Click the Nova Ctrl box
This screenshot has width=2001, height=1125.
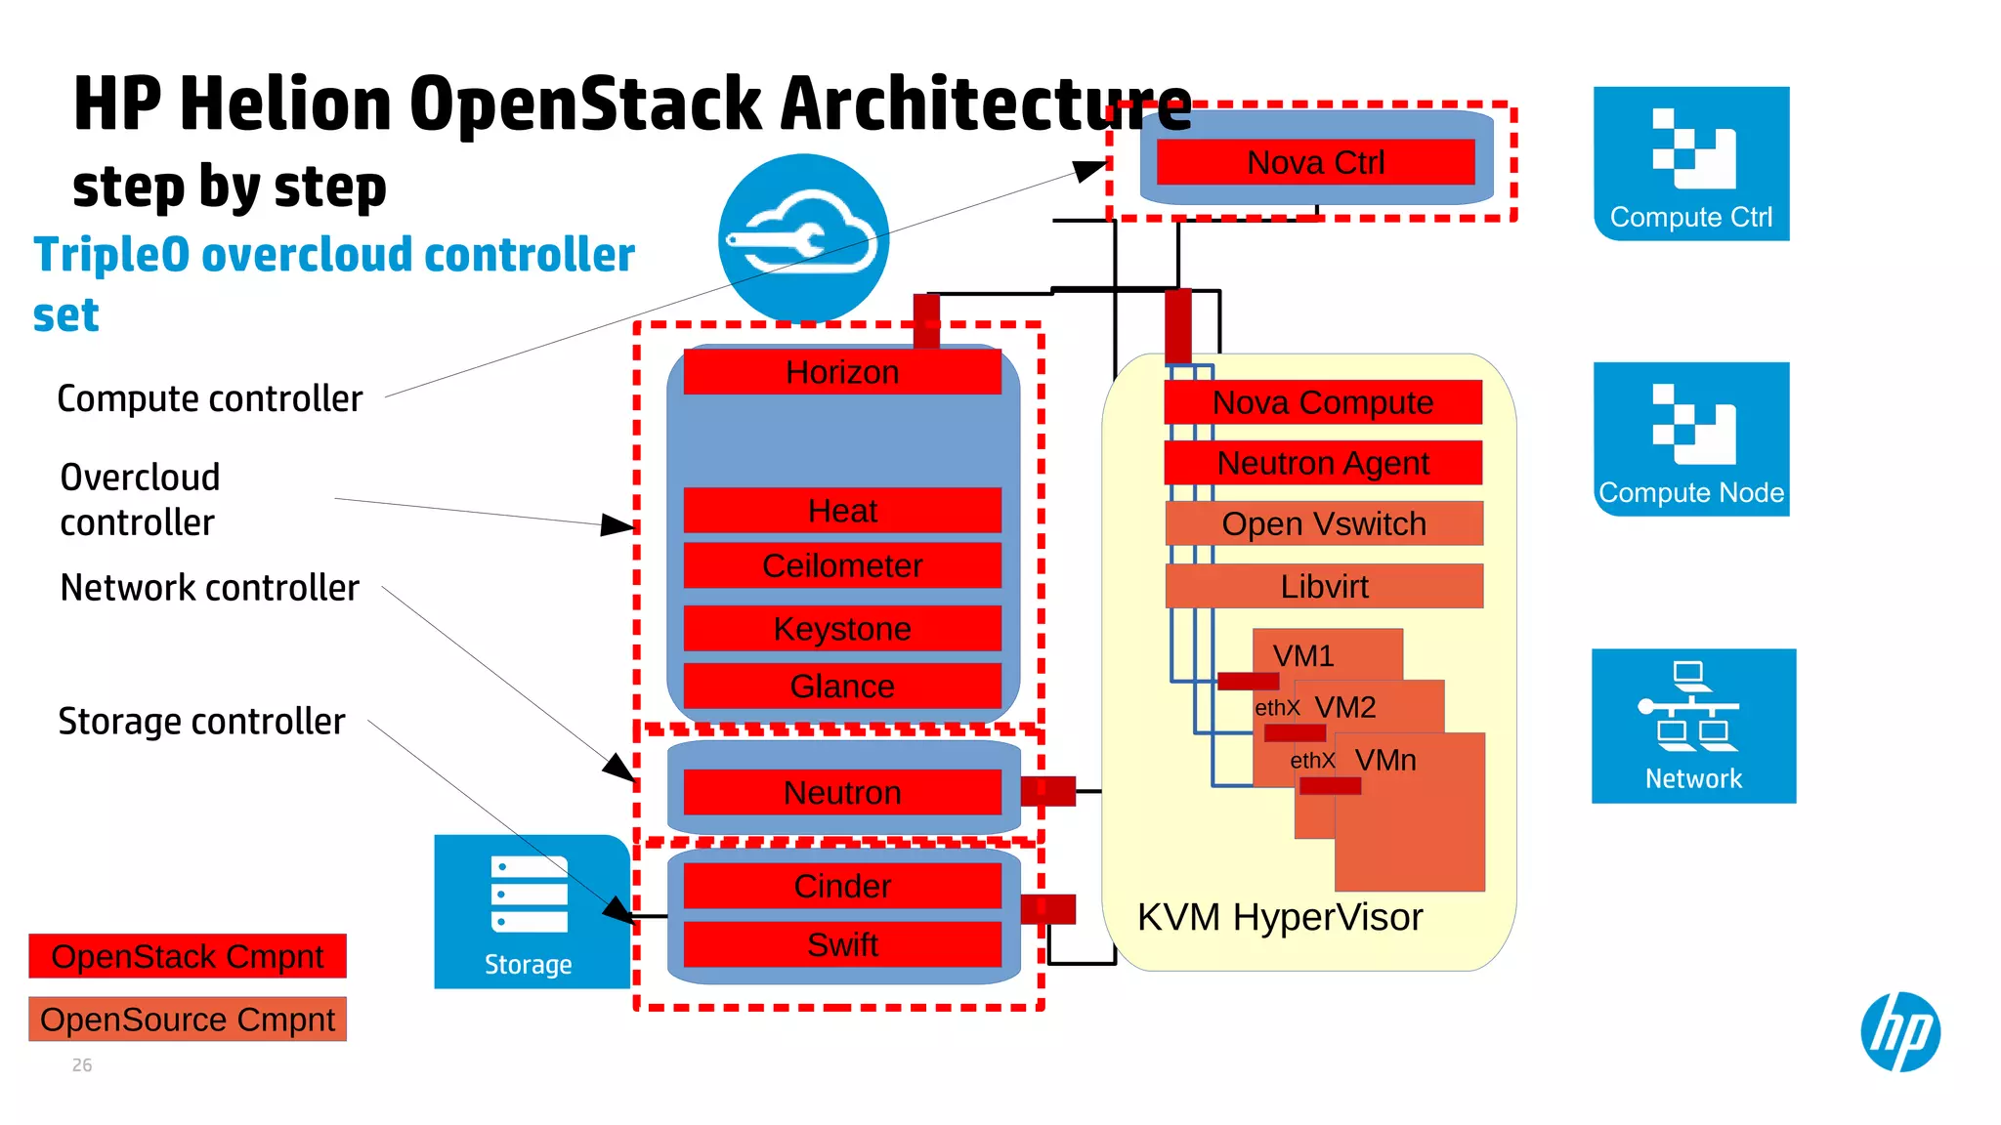point(1315,162)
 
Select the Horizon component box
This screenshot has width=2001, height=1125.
point(842,372)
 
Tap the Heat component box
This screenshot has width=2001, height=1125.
point(842,511)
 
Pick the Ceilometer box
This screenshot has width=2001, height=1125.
point(842,566)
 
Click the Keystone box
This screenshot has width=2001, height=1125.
point(842,629)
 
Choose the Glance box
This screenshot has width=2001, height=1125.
point(842,687)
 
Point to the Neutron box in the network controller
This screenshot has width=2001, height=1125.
point(842,792)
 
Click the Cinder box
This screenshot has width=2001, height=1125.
point(842,886)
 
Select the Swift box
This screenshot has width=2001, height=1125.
point(842,944)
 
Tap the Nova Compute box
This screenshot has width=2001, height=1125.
point(1323,402)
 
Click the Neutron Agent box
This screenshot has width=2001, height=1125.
point(1323,463)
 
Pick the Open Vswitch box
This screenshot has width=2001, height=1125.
point(1324,523)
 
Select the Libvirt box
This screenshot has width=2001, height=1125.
point(1324,586)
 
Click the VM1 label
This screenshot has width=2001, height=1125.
point(1303,655)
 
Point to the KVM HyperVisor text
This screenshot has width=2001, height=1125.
point(1280,917)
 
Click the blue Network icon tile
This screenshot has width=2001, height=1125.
point(1693,726)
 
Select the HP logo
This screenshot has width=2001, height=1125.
point(1899,1032)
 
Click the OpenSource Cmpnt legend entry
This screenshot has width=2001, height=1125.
point(188,1020)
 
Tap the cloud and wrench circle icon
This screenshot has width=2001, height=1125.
point(803,238)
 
